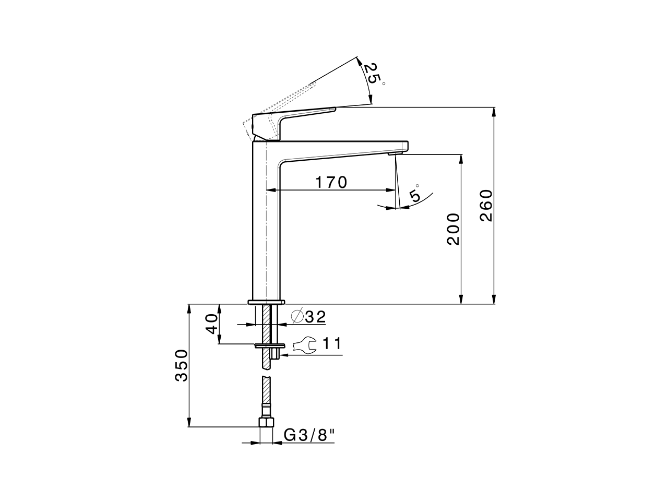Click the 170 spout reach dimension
tap(331, 182)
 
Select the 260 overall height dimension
tap(486, 205)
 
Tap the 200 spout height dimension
tap(453, 229)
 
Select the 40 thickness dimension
tap(211, 324)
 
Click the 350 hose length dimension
tap(181, 365)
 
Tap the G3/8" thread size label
tap(308, 435)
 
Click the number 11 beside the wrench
tap(331, 343)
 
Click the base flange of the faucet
tap(266, 302)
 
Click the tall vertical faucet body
tap(266, 224)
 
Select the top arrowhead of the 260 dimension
tap(494, 112)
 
